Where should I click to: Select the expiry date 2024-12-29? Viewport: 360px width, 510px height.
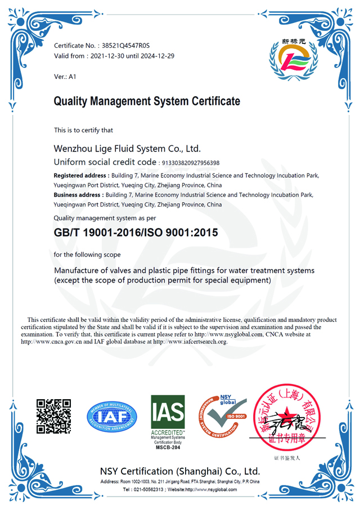point(157,56)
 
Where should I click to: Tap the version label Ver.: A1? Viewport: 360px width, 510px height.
point(65,77)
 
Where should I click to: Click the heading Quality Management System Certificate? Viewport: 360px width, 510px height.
point(147,102)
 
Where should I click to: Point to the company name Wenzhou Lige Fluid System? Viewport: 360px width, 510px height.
point(127,149)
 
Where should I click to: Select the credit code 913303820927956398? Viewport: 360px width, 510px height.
point(190,163)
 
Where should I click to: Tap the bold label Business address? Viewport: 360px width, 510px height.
point(77,195)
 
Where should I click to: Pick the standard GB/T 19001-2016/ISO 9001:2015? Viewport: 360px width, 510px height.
point(135,232)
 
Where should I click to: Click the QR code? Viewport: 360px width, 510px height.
point(54,416)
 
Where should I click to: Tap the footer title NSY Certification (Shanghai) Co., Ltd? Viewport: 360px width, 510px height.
point(180,471)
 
